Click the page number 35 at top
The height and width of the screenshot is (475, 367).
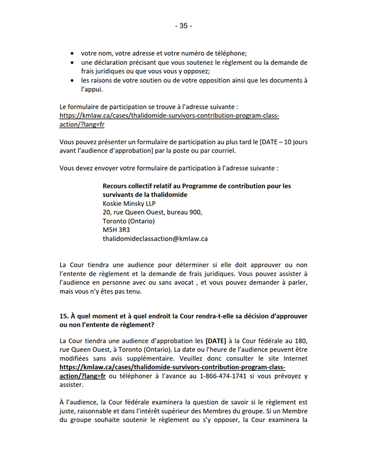coord(183,26)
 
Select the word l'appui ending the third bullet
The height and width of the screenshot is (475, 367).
coord(92,89)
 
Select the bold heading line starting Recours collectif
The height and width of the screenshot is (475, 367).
coord(196,186)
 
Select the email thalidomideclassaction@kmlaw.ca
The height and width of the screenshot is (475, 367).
coord(155,239)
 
